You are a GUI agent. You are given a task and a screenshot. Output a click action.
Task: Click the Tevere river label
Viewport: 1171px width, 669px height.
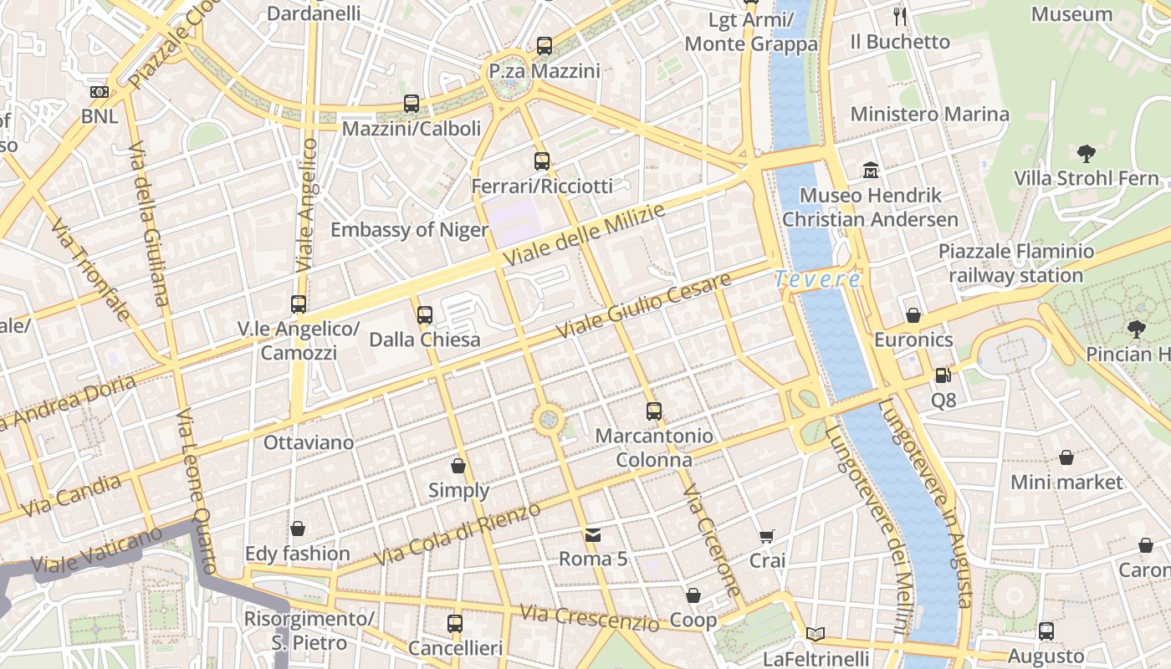817,279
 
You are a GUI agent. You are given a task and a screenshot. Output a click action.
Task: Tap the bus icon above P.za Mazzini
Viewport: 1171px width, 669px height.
545,46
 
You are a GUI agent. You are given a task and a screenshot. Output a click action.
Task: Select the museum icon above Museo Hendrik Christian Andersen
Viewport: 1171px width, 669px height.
871,170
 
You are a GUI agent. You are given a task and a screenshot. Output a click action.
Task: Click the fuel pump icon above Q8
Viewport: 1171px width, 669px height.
943,376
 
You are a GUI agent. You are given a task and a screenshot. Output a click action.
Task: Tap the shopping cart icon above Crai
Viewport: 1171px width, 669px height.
767,536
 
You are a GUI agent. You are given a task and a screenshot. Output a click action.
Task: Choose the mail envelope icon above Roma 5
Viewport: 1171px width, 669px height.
592,534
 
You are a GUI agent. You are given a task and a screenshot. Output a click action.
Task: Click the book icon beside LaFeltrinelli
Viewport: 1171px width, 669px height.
816,634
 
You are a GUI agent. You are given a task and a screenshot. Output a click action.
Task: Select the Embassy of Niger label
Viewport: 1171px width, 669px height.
409,230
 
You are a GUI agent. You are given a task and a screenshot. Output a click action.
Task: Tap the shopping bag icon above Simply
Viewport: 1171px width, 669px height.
458,466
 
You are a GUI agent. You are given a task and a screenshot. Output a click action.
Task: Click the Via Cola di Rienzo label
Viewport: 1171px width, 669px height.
458,534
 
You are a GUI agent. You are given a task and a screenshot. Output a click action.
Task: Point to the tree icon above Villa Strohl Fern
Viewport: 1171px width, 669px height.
1087,153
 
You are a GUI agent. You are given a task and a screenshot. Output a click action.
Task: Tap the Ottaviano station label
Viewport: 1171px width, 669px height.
309,442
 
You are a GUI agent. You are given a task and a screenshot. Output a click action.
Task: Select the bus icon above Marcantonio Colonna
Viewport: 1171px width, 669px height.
654,411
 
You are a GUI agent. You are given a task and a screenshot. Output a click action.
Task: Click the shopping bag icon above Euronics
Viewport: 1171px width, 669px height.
913,315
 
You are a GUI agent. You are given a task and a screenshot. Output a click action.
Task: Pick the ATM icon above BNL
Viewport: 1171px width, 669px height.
99,91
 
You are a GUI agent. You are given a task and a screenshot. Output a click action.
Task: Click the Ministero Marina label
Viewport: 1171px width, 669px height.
929,114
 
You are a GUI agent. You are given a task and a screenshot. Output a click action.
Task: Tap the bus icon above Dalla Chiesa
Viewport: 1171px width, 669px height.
425,315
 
